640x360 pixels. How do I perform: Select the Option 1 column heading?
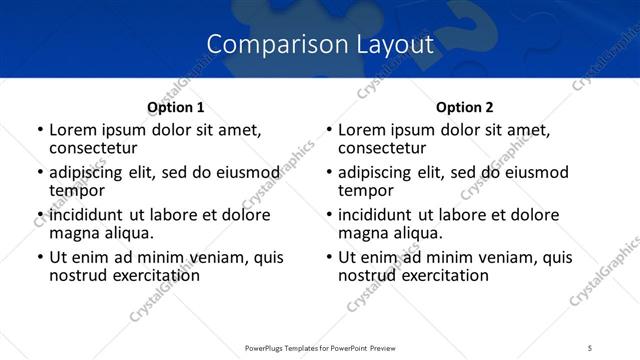(x=175, y=107)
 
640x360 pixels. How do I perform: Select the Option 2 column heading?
(x=465, y=107)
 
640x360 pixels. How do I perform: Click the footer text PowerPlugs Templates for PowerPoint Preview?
(x=319, y=348)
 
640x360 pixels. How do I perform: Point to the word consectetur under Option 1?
(x=96, y=147)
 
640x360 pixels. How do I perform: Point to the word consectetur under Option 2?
(x=386, y=147)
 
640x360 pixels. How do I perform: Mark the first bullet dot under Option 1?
(x=40, y=130)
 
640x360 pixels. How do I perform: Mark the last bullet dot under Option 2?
(x=330, y=257)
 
